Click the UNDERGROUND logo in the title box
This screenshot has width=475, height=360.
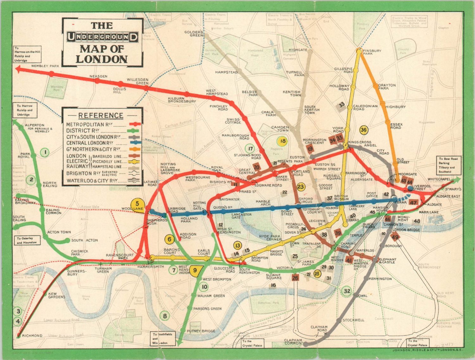(102, 37)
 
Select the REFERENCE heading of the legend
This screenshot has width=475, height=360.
(101, 115)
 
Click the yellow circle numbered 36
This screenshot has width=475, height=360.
(364, 130)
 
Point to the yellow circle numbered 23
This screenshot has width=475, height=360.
(301, 187)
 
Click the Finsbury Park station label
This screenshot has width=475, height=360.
(372, 52)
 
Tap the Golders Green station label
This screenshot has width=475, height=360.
(194, 34)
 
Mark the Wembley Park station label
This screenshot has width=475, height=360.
(45, 66)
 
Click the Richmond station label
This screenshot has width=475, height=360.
(32, 336)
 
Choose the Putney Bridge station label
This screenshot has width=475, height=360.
(201, 331)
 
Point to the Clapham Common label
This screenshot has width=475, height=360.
(293, 342)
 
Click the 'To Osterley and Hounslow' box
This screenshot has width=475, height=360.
(27, 240)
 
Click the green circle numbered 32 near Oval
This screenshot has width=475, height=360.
(347, 291)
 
